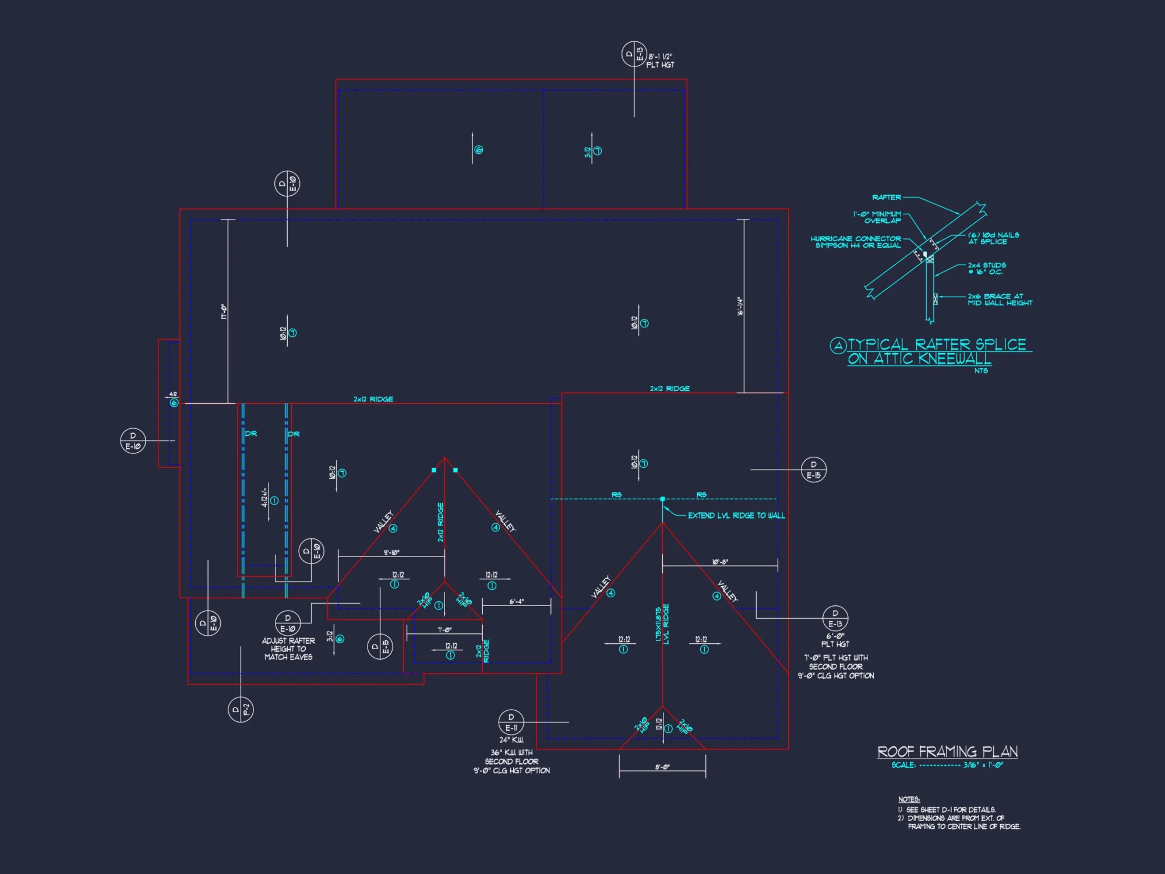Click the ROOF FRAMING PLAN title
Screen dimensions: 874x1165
pos(947,752)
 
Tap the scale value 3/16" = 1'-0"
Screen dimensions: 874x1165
pos(983,765)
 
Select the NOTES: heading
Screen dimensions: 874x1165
pos(909,799)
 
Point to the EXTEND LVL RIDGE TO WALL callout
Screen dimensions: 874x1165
pos(736,516)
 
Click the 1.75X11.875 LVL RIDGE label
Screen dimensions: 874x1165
pos(662,624)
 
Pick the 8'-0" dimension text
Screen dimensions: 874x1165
pos(662,767)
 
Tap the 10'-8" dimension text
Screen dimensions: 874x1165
pos(720,562)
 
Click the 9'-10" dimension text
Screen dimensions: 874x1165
pos(391,552)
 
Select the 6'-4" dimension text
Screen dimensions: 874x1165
pos(517,602)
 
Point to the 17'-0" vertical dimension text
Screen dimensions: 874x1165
pos(224,311)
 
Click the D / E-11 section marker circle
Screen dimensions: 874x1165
pos(511,723)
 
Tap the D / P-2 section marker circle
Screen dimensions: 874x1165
pos(241,710)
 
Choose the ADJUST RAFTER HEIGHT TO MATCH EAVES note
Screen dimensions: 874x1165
pos(288,649)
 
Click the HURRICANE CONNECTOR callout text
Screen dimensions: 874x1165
pos(856,242)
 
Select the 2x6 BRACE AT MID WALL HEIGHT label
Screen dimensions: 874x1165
pos(1000,299)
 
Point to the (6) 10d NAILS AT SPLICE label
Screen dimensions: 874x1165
pos(993,238)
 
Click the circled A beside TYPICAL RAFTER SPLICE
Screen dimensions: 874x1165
pos(838,346)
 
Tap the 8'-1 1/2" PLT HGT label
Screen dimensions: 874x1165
pos(661,61)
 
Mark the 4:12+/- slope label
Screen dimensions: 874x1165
pos(265,497)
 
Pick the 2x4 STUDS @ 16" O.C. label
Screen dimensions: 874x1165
pos(987,269)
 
